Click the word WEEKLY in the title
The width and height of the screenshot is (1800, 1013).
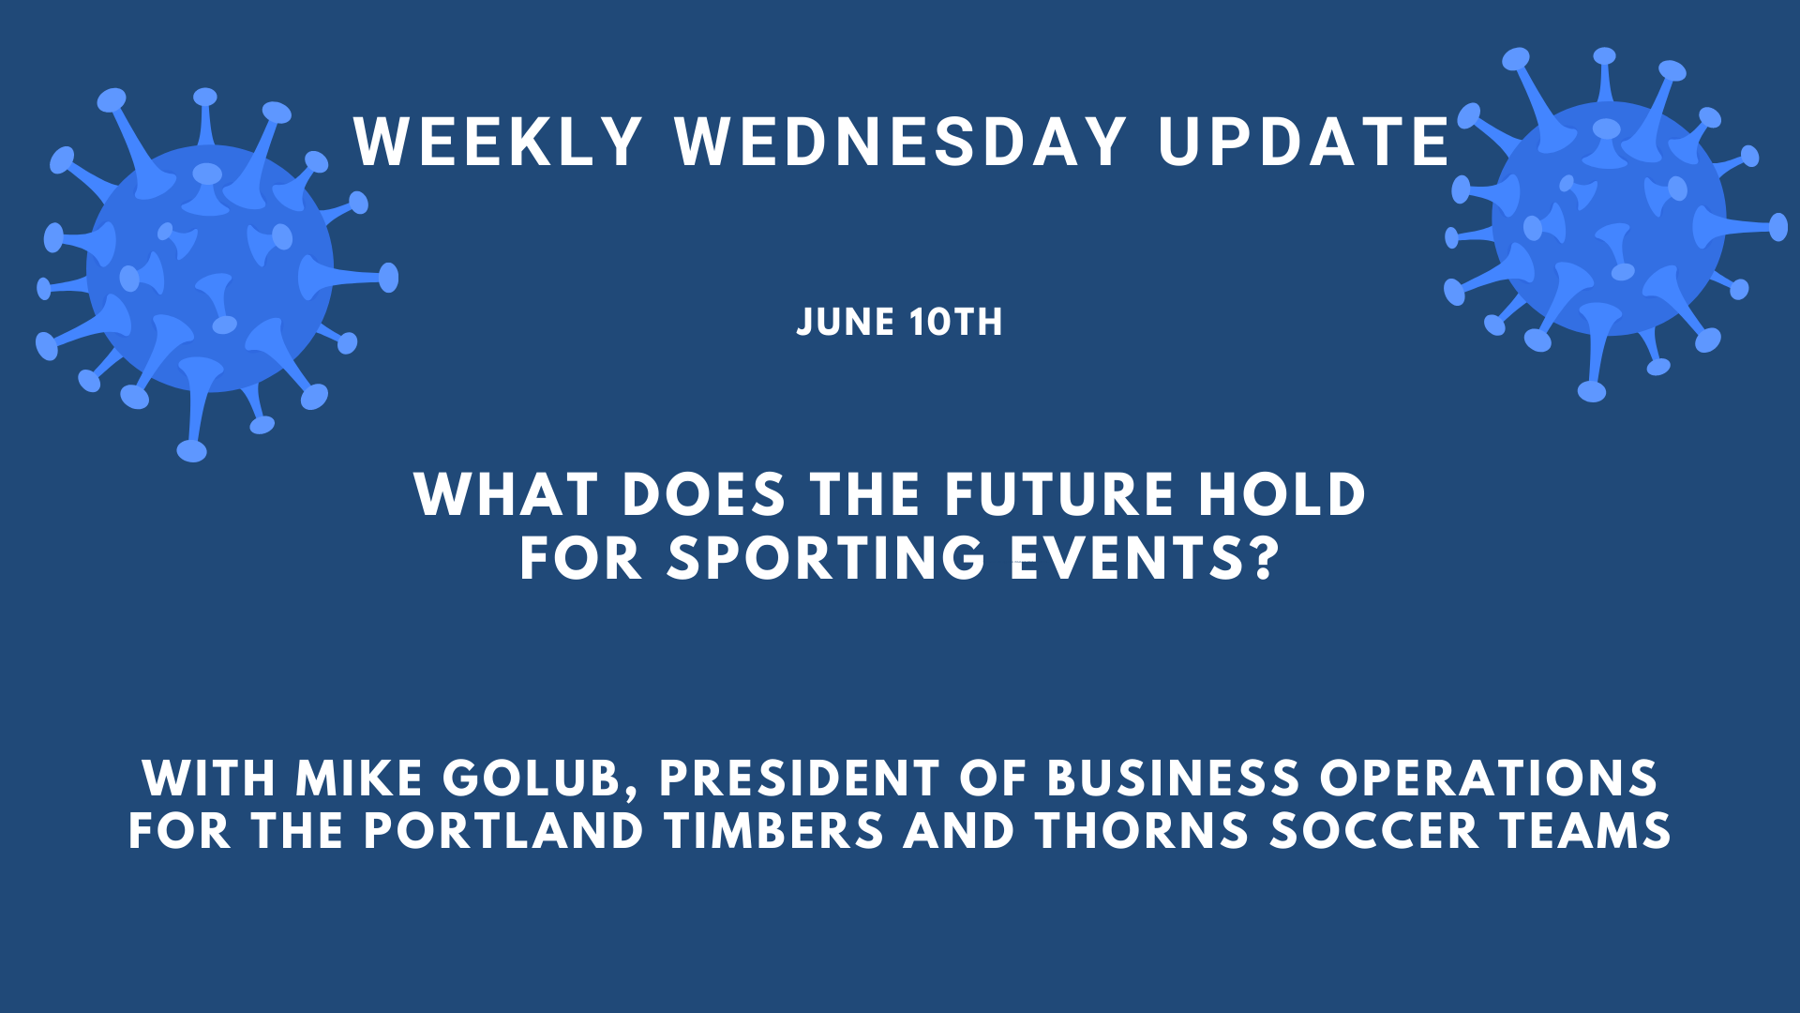click(x=498, y=143)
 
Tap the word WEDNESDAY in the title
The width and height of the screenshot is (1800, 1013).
click(x=901, y=143)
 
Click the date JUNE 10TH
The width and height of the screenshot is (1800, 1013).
click(x=899, y=322)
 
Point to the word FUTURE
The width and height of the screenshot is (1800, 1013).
click(x=1058, y=494)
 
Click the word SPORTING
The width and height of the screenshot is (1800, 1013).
click(x=826, y=558)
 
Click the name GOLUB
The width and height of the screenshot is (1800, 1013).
click(x=539, y=779)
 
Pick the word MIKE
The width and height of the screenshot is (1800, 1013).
click(x=359, y=779)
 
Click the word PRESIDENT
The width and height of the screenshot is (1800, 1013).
click(x=799, y=779)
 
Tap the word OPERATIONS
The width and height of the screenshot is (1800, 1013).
click(x=1489, y=779)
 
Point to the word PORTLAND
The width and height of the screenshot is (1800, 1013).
click(x=503, y=831)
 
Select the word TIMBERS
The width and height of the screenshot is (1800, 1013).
click(x=774, y=831)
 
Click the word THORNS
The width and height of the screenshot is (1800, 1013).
click(x=1142, y=831)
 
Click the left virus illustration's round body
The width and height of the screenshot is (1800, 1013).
click(x=210, y=268)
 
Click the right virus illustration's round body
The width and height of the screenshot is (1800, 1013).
click(x=1609, y=219)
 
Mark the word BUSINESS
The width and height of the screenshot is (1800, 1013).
click(x=1173, y=779)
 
